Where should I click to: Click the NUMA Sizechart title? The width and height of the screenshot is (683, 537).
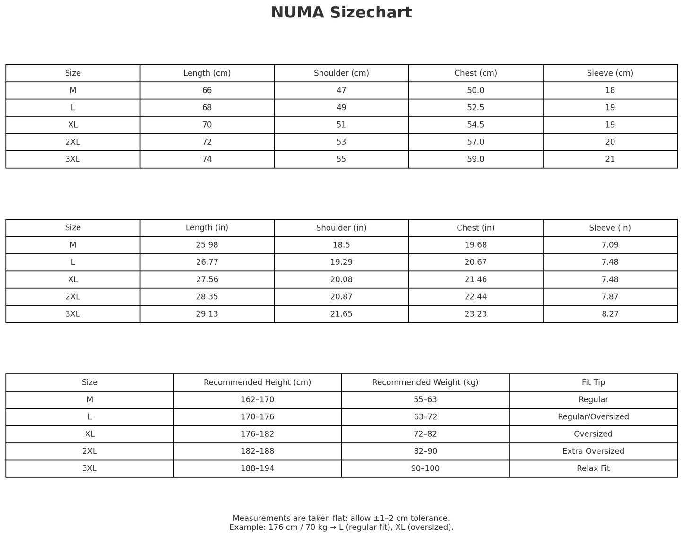[341, 13]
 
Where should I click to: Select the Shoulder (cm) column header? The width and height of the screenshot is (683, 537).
[341, 73]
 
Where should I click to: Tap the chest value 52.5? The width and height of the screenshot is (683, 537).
[476, 108]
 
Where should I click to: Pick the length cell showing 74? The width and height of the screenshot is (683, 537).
[207, 159]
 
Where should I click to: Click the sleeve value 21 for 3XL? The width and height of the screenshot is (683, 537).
[610, 159]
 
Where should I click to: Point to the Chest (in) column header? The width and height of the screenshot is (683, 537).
[476, 228]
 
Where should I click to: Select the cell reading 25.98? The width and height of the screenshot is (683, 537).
[207, 245]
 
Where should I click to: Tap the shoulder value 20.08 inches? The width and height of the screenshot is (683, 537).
[341, 279]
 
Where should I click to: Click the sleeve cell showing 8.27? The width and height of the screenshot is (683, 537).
[610, 314]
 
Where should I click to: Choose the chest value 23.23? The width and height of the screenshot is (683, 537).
[476, 314]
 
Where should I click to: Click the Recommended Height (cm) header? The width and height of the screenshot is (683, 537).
[257, 382]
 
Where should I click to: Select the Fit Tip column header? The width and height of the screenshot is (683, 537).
[593, 382]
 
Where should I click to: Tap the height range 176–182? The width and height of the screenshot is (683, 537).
[257, 434]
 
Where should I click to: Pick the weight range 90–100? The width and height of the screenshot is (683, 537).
[425, 468]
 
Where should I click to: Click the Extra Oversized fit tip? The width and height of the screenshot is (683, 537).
[593, 451]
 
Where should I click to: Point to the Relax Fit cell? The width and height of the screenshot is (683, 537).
[593, 468]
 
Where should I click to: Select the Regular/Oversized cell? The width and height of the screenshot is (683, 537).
[593, 417]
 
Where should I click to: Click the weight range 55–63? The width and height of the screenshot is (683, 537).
[425, 400]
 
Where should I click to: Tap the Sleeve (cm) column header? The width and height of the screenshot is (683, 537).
[610, 73]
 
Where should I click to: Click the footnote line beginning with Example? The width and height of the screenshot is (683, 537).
[341, 528]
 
